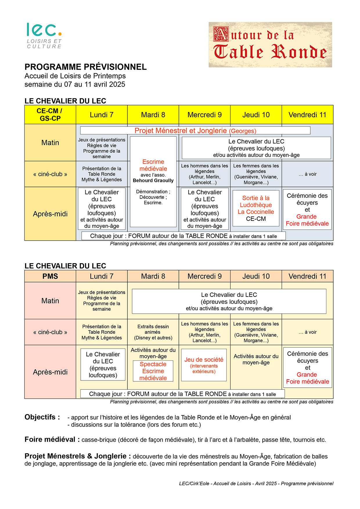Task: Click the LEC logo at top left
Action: [44, 35]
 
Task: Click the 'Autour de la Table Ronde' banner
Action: [270, 45]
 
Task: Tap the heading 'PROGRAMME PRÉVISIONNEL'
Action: [86, 67]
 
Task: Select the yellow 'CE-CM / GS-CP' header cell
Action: [50, 115]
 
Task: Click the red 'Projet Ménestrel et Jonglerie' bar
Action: [195, 131]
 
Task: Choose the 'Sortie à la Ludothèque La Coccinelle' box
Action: [256, 208]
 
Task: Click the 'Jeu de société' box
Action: [204, 365]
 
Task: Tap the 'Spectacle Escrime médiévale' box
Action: [153, 371]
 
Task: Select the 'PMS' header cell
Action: [50, 276]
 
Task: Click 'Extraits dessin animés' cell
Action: [153, 332]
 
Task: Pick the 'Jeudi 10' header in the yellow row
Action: [256, 115]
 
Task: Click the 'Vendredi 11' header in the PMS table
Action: [307, 276]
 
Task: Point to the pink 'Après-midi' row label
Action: [50, 372]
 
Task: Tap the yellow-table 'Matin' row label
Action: [50, 142]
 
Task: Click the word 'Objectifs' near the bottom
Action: [40, 417]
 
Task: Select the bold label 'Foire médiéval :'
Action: [52, 439]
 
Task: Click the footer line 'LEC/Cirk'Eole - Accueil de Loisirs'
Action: [256, 483]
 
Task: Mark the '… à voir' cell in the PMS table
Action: [307, 332]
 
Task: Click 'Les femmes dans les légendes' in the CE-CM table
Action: [256, 174]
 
